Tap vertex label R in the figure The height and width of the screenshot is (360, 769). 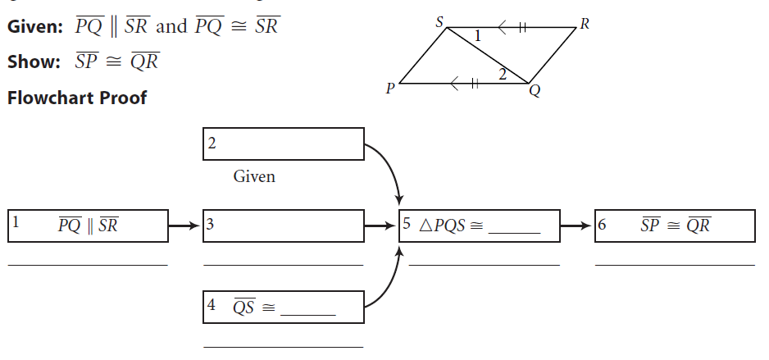[x=584, y=23]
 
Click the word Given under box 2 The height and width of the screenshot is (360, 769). [x=254, y=176]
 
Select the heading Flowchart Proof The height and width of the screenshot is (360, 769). [x=76, y=98]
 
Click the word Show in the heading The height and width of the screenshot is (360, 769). [x=29, y=62]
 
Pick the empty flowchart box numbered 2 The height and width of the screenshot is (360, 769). [x=283, y=144]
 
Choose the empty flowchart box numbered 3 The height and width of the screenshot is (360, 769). [x=283, y=225]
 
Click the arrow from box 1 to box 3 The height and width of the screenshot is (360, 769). [x=184, y=224]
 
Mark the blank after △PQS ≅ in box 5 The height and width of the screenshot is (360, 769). [x=515, y=230]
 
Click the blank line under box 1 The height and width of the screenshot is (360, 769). [x=88, y=265]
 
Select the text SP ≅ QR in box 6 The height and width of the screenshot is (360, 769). [x=675, y=225]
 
